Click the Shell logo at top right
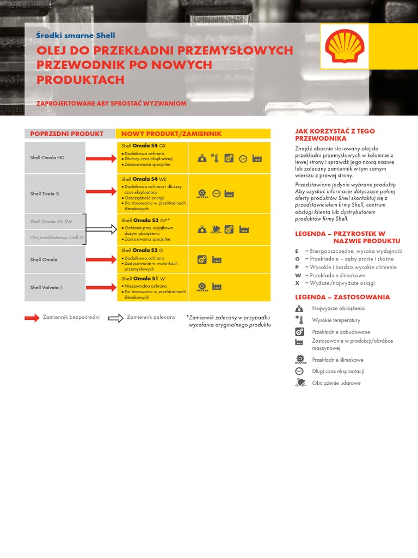tap(344, 46)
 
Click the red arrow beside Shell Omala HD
tap(101, 158)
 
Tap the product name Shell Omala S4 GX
tap(144, 146)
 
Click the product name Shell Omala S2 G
tap(142, 250)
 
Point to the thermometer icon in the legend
tap(299, 320)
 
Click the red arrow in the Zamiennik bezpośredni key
tap(32, 318)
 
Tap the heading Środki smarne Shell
tap(76, 35)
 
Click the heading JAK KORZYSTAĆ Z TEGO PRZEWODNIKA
tap(335, 135)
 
